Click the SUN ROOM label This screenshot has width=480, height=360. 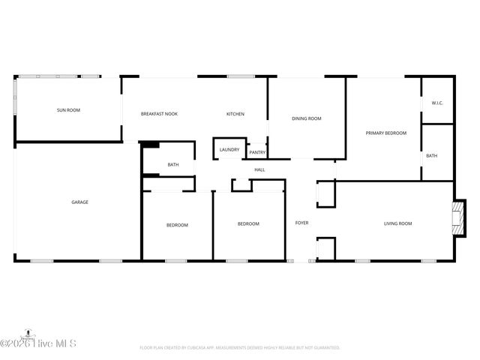68,110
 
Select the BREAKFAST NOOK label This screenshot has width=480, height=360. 159,114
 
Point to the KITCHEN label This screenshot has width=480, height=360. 235,114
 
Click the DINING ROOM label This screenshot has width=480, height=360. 306,118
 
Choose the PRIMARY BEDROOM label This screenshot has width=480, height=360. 385,133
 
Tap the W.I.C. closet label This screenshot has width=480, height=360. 437,103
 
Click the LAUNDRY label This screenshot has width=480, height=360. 229,149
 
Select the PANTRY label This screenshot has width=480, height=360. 257,152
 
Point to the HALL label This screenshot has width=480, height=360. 259,169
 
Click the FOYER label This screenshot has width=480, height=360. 301,223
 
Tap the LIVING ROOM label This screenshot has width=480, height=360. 397,223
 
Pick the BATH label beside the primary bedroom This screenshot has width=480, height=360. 432,155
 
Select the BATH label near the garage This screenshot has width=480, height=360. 173,164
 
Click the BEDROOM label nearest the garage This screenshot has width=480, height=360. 177,224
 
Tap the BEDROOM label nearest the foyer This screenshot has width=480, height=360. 248,223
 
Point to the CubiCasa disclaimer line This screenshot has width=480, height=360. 240,348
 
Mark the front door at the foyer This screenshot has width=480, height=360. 301,260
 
